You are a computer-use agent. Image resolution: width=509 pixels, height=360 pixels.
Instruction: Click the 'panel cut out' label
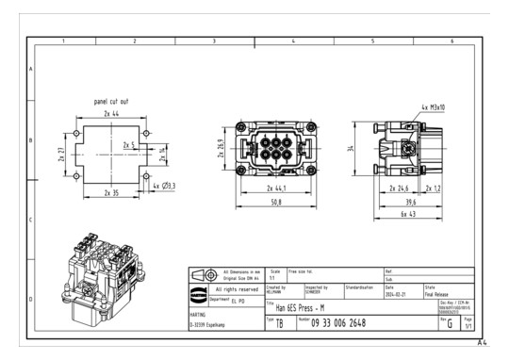pyautogui.click(x=111, y=100)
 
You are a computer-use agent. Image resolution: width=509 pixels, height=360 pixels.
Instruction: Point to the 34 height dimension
pyautogui.click(x=350, y=148)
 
